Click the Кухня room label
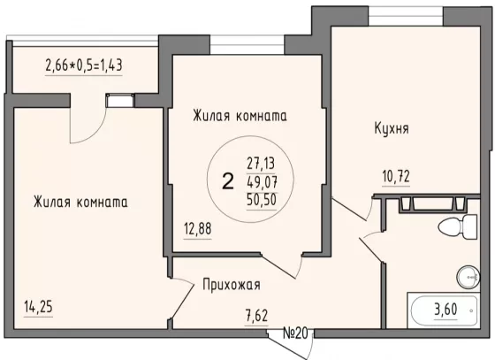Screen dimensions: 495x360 pyautogui.click(x=392, y=128)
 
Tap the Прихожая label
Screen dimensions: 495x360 pyautogui.click(x=232, y=285)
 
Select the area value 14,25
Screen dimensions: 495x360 pyautogui.click(x=38, y=307)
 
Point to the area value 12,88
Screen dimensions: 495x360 pyautogui.click(x=197, y=228)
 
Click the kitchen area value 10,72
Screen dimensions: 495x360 pyautogui.click(x=396, y=176)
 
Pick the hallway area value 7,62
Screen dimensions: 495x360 pyautogui.click(x=256, y=316)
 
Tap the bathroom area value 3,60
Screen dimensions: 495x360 pyautogui.click(x=445, y=310)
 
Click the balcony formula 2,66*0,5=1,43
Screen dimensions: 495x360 pyautogui.click(x=84, y=65)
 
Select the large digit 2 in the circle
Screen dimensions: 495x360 pyautogui.click(x=228, y=181)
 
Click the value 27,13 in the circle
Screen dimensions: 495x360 pyautogui.click(x=261, y=164)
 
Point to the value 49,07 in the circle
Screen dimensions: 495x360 pyautogui.click(x=262, y=181)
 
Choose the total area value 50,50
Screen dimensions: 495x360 pyautogui.click(x=262, y=199)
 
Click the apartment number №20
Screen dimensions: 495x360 pyautogui.click(x=295, y=333)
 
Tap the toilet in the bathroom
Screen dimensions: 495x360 pyautogui.click(x=458, y=227)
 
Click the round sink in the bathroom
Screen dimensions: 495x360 pyautogui.click(x=468, y=277)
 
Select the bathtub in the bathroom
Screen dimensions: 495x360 pyautogui.click(x=444, y=310)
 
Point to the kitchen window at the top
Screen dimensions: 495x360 pyautogui.click(x=406, y=15)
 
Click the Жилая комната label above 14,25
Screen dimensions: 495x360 pyautogui.click(x=80, y=202)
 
